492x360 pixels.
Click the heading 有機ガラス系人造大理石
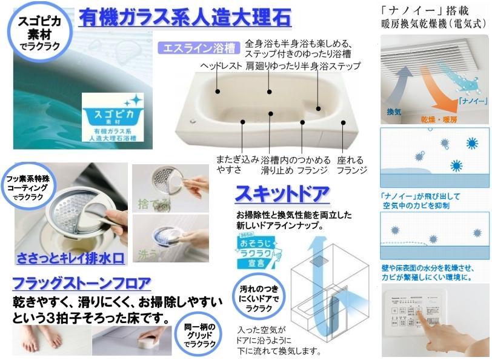185,16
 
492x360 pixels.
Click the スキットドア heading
281,195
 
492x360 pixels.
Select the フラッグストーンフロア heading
81,284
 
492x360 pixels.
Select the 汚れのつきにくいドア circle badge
258,298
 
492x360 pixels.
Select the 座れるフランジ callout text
351,165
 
